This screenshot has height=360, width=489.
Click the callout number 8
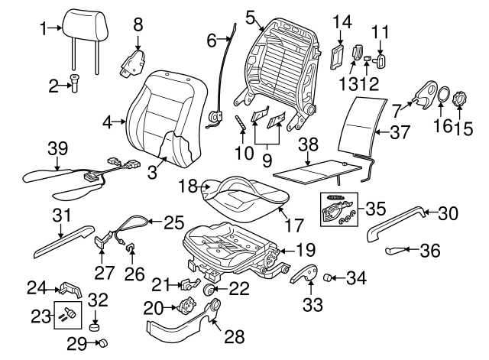pos(138,24)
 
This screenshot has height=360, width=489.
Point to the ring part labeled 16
pos(442,97)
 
